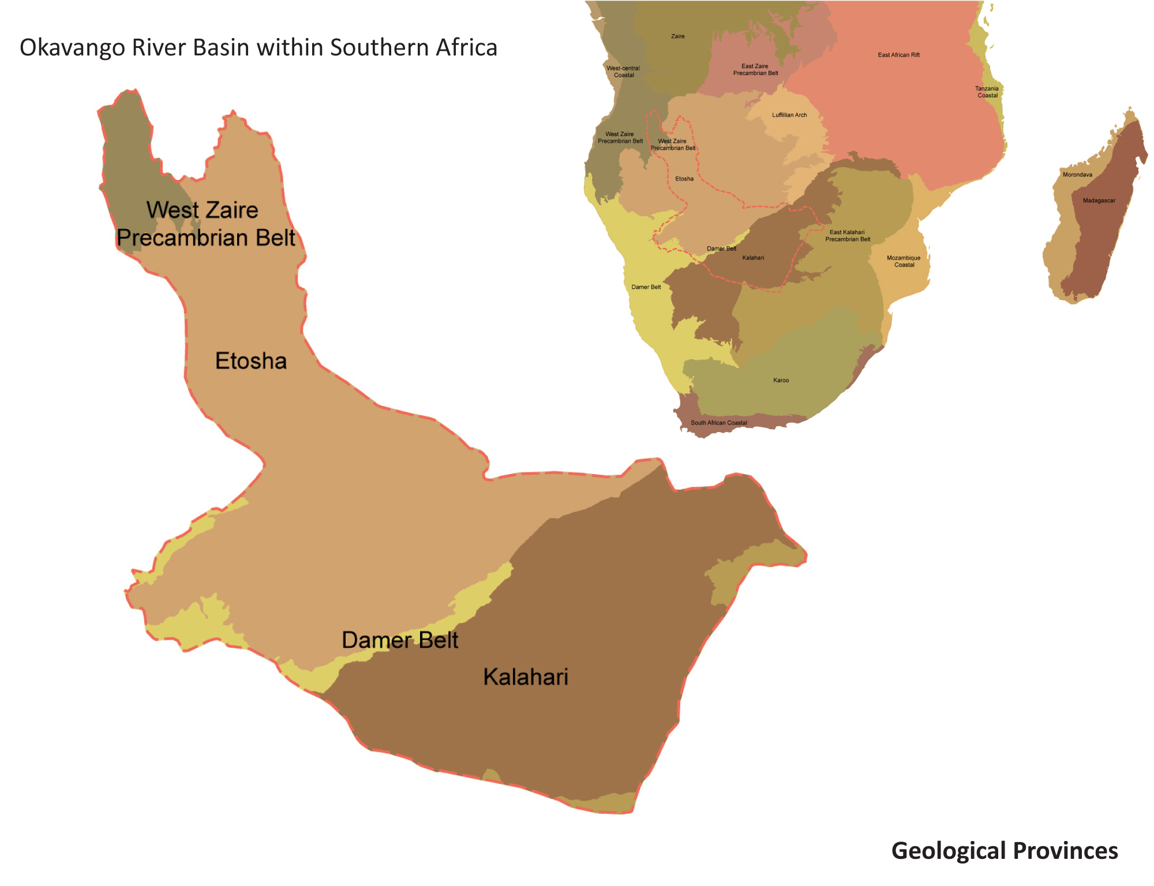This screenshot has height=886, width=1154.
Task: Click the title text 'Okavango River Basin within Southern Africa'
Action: click(258, 47)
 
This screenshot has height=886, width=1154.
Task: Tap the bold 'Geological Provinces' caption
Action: click(1004, 851)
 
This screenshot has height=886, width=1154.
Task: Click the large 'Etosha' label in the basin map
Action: click(251, 361)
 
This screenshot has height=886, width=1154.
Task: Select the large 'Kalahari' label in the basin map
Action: click(526, 677)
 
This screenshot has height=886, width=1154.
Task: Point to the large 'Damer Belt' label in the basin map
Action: click(400, 640)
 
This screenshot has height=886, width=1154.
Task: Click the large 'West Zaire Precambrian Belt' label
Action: click(205, 224)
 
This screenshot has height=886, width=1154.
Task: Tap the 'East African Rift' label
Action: click(898, 55)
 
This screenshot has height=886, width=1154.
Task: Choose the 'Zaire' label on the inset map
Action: click(677, 36)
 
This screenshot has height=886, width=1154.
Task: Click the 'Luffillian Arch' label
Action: click(789, 115)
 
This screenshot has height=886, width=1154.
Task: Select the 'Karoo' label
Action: click(781, 381)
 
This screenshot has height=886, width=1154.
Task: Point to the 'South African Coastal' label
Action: click(718, 423)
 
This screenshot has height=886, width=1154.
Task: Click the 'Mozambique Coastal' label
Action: click(904, 261)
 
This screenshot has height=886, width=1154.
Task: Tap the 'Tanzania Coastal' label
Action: click(987, 92)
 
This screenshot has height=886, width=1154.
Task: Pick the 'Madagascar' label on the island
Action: click(1099, 201)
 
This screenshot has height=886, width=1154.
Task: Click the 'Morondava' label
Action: click(1077, 175)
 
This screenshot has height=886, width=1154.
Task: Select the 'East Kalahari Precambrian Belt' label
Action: click(847, 235)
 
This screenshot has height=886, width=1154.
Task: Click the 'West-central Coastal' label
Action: click(623, 72)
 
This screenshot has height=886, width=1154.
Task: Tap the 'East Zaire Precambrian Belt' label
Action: click(755, 70)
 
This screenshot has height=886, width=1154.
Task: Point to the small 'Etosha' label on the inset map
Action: click(684, 179)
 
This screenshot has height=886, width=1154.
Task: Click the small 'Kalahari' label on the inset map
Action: click(752, 258)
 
